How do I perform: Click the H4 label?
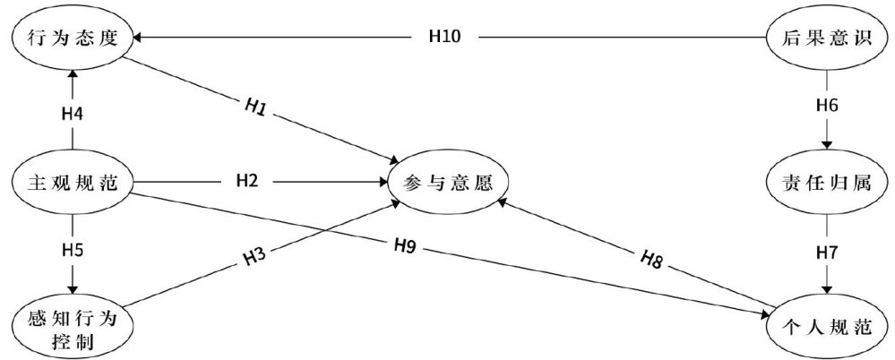pos(72,114)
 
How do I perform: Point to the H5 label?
pos(72,248)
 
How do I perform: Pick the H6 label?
pos(827,106)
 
